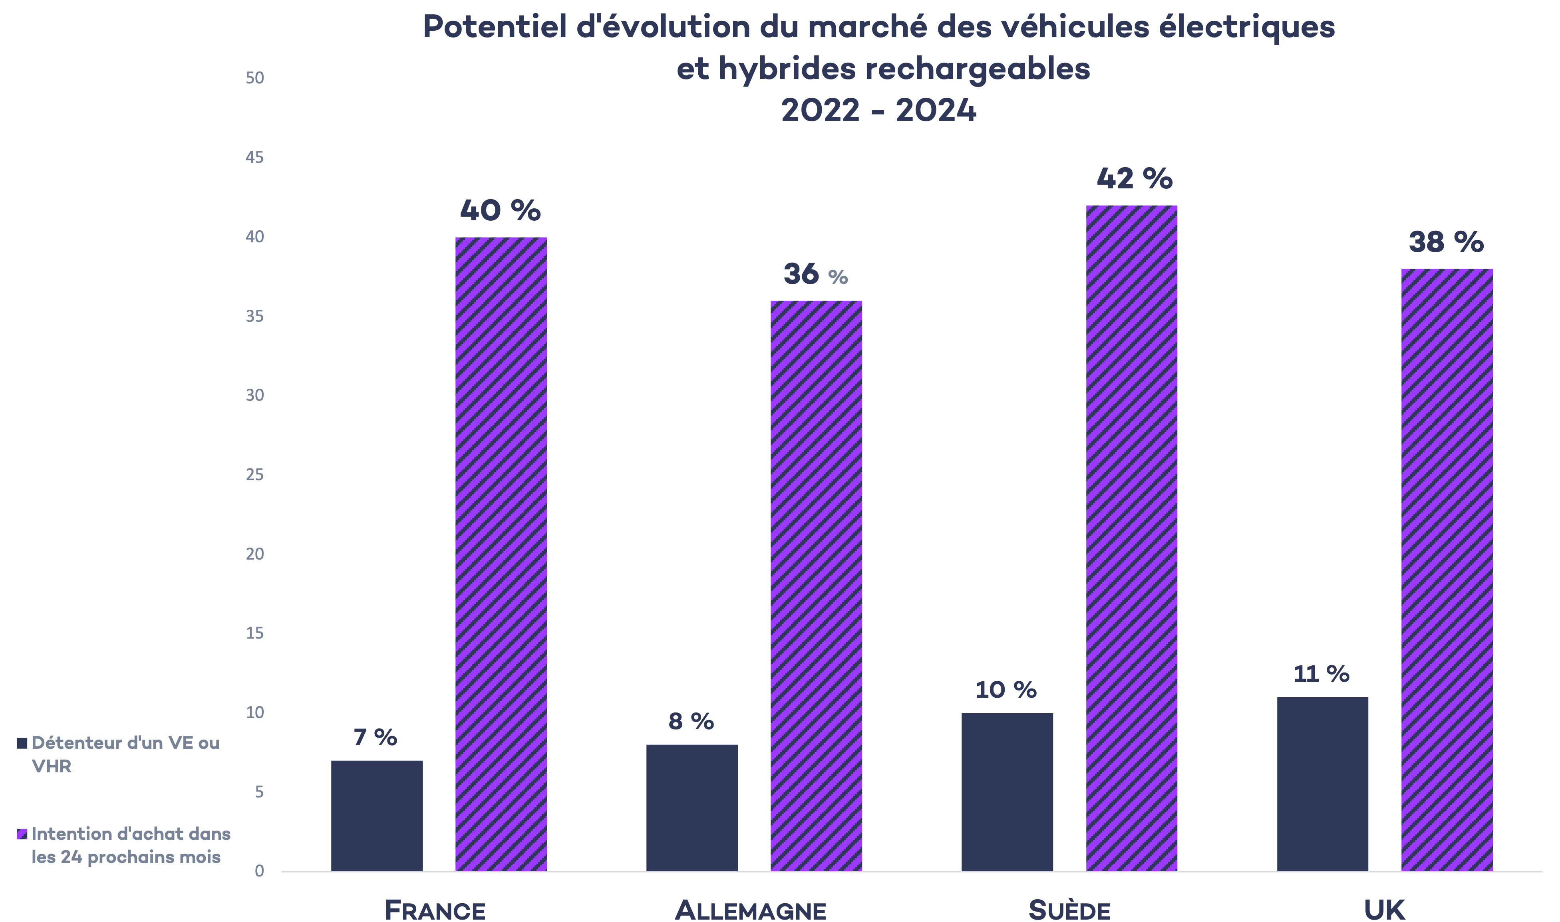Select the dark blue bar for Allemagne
tap(692, 808)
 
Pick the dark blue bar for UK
tap(1322, 784)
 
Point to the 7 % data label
tap(375, 738)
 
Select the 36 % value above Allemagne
tap(815, 275)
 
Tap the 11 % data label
tap(1321, 674)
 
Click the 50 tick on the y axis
tap(254, 78)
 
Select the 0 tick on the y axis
tap(258, 871)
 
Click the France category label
tap(435, 910)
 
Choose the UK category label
tap(1384, 910)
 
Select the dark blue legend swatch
tap(22, 743)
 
